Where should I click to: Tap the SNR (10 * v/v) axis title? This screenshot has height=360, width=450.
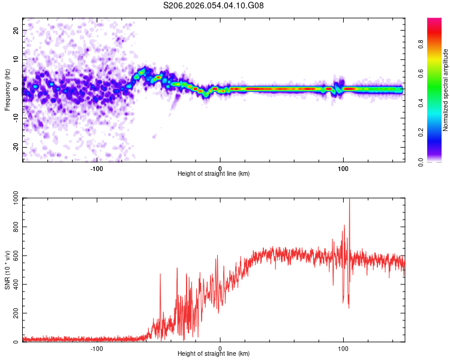click(7, 270)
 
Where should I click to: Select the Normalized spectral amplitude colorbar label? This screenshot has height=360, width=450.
click(446, 90)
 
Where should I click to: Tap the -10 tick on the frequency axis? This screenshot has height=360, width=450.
click(15, 118)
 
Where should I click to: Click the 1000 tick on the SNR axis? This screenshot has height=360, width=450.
click(12, 199)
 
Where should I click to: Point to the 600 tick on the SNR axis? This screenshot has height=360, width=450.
click(14, 256)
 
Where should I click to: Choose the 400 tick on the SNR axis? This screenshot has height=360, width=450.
click(14, 285)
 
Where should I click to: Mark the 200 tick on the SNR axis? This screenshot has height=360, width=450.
click(14, 314)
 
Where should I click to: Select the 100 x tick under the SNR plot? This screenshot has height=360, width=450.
click(343, 349)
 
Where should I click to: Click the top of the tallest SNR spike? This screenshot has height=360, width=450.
click(349, 199)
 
